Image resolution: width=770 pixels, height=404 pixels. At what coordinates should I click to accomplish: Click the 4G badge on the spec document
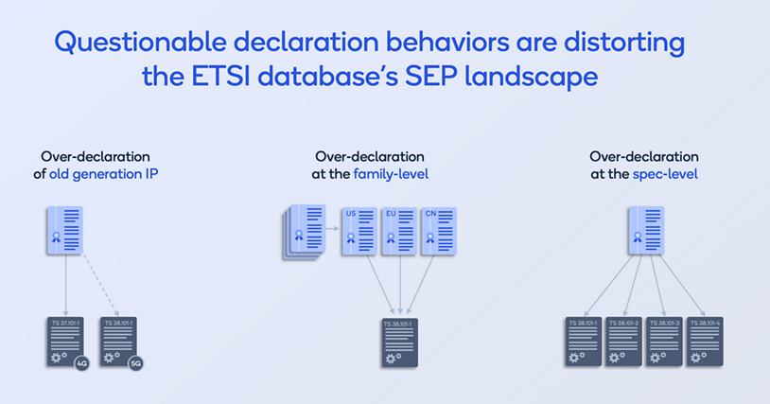pos(82,361)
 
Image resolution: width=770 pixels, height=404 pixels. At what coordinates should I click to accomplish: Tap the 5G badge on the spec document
pos(136,361)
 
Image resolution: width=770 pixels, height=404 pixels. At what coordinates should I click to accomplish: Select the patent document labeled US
pos(359,232)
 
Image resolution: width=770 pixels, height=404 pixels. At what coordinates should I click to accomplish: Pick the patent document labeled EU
pos(398,232)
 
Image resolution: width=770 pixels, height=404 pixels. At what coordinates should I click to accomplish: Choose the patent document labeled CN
pos(438,232)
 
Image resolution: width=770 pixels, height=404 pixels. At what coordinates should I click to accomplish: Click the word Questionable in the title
pos(138,43)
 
